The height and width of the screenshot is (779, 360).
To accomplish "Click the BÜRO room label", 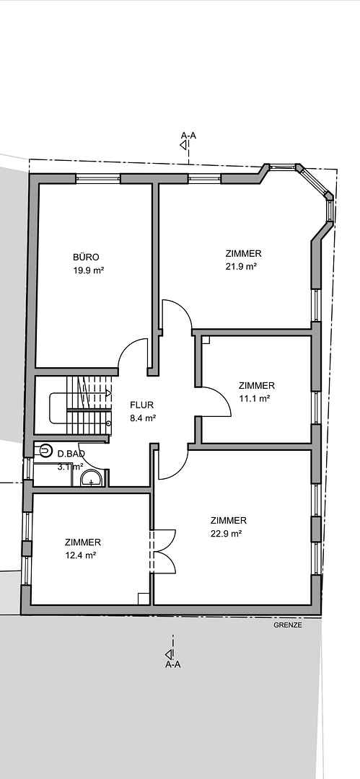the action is (x=86, y=258).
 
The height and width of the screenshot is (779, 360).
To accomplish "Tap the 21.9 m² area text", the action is (x=241, y=266).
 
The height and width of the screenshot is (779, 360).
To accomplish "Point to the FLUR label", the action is (x=141, y=405).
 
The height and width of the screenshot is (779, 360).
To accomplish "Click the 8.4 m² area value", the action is (x=143, y=418).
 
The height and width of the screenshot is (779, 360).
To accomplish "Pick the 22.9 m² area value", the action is (x=227, y=534).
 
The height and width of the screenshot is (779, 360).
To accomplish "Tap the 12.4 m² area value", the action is (x=81, y=555).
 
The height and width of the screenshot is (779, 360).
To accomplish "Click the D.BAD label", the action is (x=71, y=454).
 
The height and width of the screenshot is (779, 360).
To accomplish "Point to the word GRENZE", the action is (x=287, y=625).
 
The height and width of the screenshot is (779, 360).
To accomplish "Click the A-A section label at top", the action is (x=188, y=135).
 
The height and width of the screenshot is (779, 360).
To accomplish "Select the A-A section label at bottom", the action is (x=173, y=665).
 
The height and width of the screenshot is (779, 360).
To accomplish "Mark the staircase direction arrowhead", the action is (x=109, y=393).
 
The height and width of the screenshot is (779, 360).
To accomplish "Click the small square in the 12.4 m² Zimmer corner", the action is (x=144, y=599).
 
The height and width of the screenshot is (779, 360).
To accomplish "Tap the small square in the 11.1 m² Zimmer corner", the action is (x=206, y=340).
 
